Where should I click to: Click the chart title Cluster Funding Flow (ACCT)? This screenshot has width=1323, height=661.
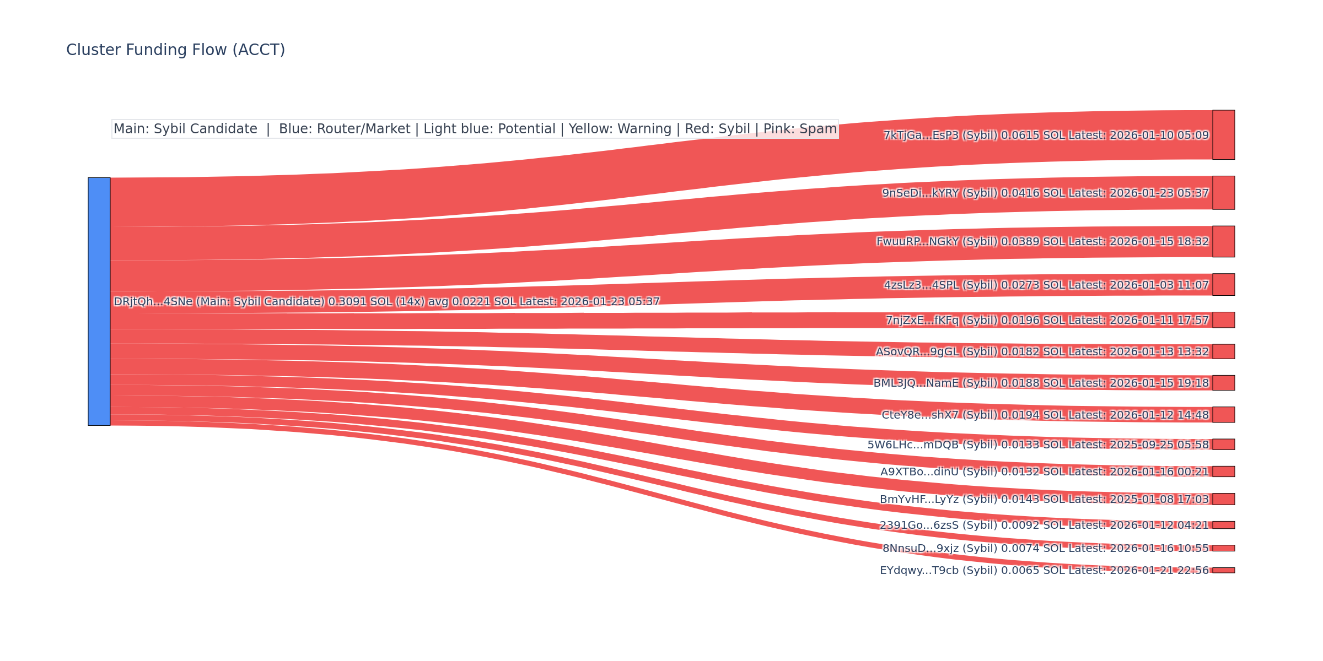tap(175, 50)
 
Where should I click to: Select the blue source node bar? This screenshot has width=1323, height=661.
tap(99, 301)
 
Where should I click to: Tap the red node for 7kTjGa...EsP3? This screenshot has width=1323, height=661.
tap(1223, 135)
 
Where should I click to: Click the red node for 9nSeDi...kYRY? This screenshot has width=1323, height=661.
tap(1223, 193)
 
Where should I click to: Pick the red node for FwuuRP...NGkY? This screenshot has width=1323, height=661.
tap(1223, 241)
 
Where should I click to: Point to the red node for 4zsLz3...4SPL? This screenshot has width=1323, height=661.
tap(1223, 285)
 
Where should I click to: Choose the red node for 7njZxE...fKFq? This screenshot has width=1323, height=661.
tap(1223, 320)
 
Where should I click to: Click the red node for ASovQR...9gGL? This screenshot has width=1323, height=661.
tap(1223, 351)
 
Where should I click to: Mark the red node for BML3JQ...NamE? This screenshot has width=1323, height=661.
tap(1223, 383)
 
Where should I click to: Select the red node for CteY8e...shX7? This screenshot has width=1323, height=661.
tap(1223, 415)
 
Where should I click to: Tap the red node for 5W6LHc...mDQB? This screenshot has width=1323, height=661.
tap(1223, 445)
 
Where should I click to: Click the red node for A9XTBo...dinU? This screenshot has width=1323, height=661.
tap(1223, 472)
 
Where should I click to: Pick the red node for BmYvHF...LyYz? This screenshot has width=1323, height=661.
tap(1223, 499)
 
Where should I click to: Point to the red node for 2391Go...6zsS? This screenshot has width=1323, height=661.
tap(1223, 525)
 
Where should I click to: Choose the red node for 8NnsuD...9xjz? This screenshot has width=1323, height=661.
tap(1223, 548)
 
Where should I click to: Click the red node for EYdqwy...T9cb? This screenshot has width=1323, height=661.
tap(1223, 570)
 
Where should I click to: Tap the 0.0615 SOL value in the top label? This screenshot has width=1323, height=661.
tap(1033, 136)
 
